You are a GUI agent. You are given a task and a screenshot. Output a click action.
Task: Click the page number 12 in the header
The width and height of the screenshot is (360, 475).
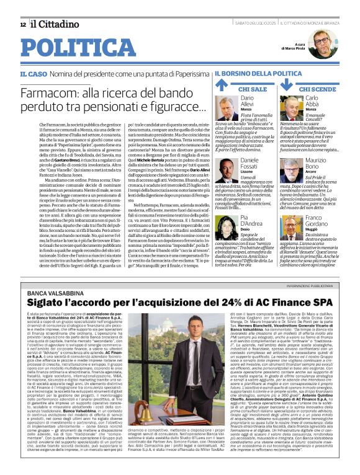pos(23,24)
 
